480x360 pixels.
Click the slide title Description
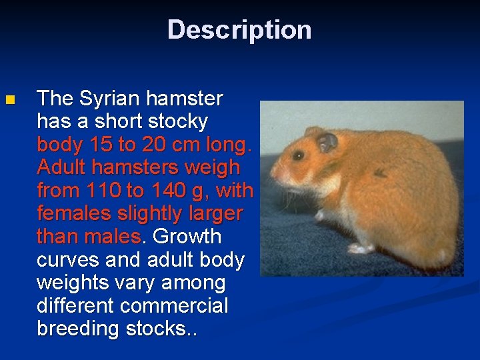click(239, 30)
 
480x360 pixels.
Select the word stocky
click(178, 122)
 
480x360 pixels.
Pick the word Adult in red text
click(62, 168)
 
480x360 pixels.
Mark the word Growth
click(187, 237)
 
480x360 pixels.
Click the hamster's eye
click(298, 155)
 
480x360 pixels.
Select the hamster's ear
click(327, 141)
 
